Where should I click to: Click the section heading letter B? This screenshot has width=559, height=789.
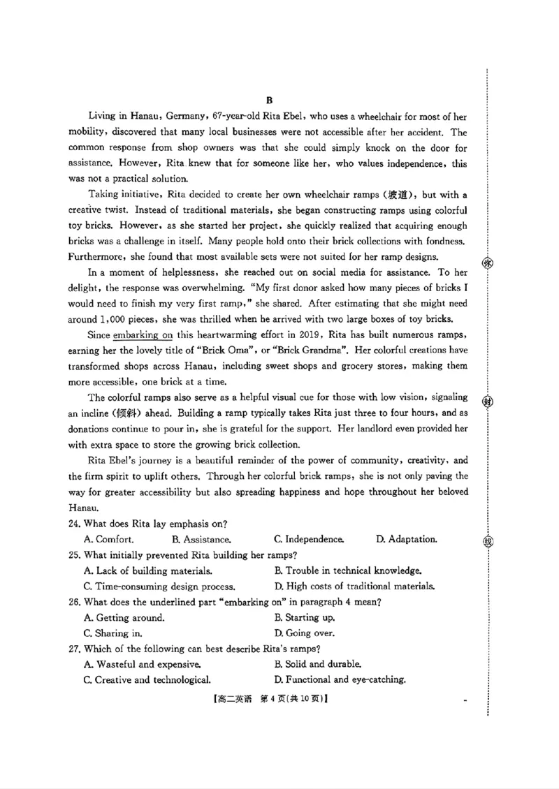[268, 101]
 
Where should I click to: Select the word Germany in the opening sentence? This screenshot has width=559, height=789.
[185, 116]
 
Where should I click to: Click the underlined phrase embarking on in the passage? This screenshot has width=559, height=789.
[143, 334]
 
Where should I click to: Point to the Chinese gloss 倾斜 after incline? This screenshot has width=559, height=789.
[123, 413]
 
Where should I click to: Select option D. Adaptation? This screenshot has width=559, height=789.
[407, 539]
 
